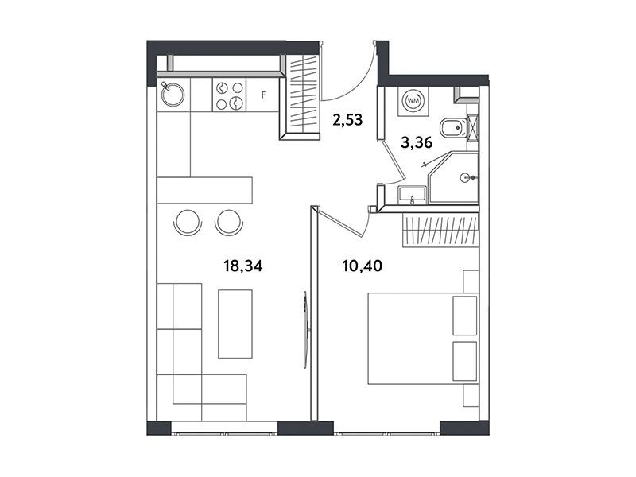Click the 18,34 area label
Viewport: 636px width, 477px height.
point(243,266)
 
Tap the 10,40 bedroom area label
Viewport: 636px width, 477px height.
point(363,266)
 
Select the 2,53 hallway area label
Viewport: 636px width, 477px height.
point(347,120)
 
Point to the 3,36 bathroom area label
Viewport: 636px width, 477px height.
point(417,142)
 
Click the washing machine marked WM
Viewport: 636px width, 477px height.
point(413,100)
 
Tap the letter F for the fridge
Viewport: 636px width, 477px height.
point(263,95)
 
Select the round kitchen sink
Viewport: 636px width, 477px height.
point(173,95)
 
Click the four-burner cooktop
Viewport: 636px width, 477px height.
point(229,95)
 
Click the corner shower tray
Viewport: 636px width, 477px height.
point(453,177)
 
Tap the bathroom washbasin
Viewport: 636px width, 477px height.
point(412,194)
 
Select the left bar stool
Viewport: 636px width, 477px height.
point(188,223)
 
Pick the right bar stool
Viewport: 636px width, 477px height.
point(229,223)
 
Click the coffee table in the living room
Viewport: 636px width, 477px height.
point(235,324)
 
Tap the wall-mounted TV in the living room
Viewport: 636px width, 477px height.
point(305,330)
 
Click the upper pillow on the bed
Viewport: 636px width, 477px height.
point(465,316)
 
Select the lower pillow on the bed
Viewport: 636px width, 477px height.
point(465,361)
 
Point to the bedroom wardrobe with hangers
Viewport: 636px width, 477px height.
point(440,231)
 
